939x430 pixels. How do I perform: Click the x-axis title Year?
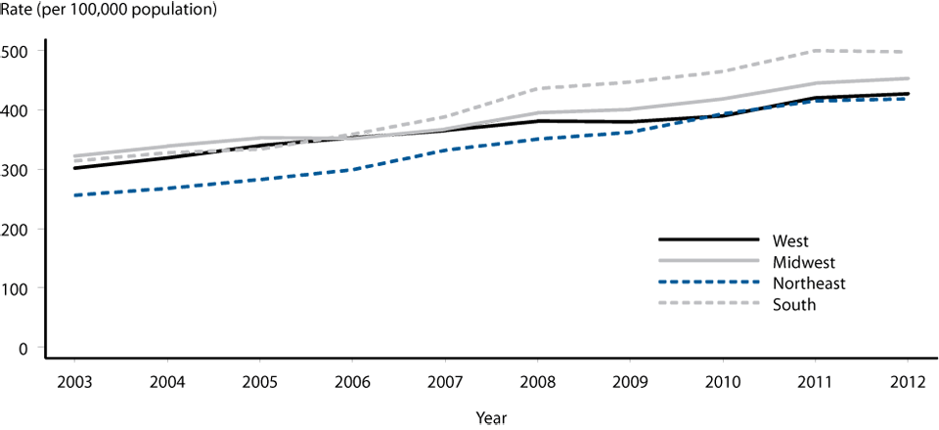point(491,417)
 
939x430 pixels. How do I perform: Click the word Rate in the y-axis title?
point(18,11)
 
